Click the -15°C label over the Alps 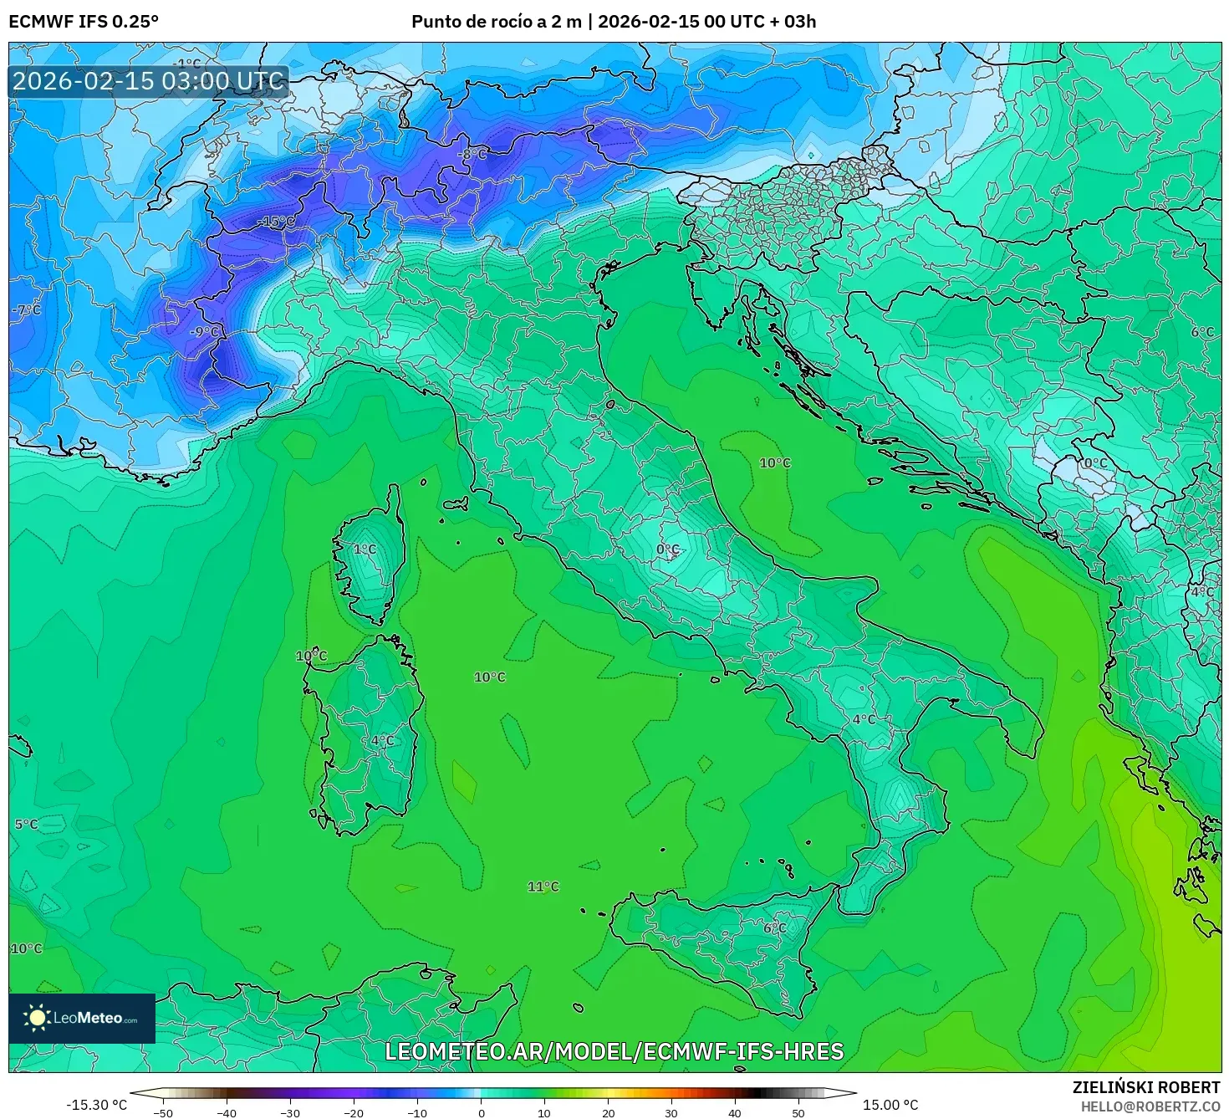tap(276, 222)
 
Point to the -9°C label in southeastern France tap(205, 332)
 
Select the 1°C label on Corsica tap(365, 549)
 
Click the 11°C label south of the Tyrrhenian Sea tap(543, 887)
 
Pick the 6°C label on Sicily tap(774, 927)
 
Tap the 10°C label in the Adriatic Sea tap(774, 462)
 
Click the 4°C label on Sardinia tap(382, 740)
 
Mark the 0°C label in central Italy tap(667, 549)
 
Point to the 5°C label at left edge tap(26, 824)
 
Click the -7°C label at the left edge tap(26, 309)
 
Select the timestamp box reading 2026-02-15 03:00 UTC tap(148, 81)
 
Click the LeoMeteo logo tap(82, 1018)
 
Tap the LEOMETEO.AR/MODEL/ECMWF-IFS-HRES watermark tap(614, 1051)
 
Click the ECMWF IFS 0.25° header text tap(84, 22)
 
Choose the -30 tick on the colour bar tap(289, 1113)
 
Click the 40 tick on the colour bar tap(735, 1113)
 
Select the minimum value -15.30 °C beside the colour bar tap(96, 1105)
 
